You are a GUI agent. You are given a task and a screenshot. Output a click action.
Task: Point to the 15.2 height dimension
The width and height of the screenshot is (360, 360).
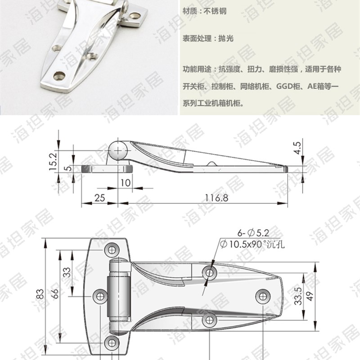pyautogui.click(x=53, y=160)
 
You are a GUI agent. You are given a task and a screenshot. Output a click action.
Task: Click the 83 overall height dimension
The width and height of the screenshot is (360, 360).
pyautogui.click(x=40, y=294)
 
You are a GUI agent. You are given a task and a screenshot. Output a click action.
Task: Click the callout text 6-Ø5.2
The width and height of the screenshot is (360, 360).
pyautogui.click(x=253, y=233)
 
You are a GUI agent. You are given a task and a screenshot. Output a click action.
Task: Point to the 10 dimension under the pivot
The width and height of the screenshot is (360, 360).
pyautogui.click(x=125, y=182)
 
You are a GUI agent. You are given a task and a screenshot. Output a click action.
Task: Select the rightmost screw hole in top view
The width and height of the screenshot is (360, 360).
pyautogui.click(x=262, y=296)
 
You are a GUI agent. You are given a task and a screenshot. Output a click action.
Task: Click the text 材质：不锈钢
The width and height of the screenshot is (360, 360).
pyautogui.click(x=205, y=11)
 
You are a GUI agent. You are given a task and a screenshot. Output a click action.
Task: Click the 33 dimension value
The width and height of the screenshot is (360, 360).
pyautogui.click(x=67, y=272)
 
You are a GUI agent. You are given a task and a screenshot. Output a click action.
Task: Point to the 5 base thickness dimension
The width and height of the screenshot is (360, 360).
pyautogui.click(x=67, y=168)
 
